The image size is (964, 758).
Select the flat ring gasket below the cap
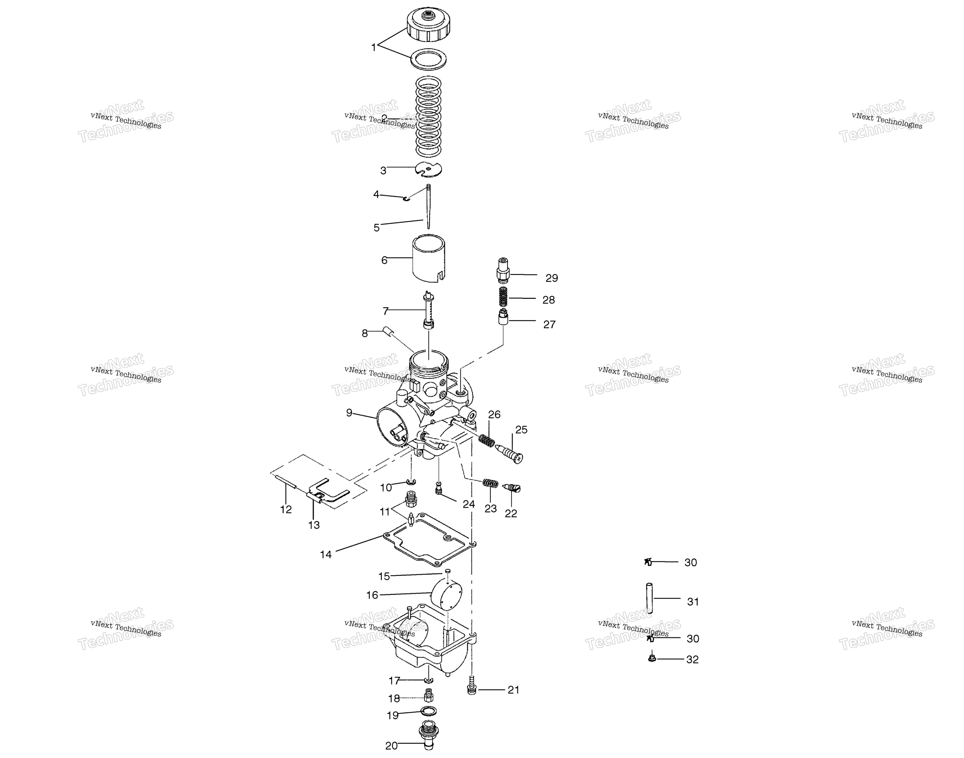[x=428, y=59]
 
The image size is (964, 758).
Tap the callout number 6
[x=384, y=260]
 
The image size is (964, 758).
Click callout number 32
[x=692, y=660]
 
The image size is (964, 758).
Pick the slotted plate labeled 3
[x=429, y=169]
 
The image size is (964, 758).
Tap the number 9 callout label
[x=349, y=413]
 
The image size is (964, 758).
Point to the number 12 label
[x=286, y=509]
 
